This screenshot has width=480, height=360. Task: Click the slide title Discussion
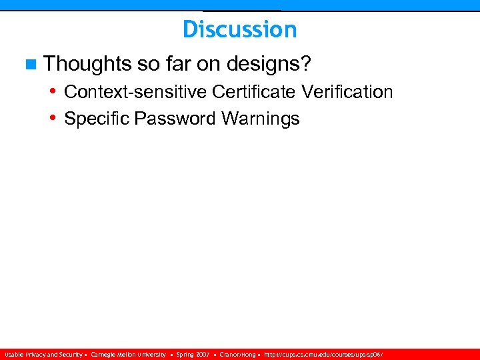point(239,29)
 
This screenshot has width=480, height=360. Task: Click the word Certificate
point(255,91)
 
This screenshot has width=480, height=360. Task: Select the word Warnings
point(261,119)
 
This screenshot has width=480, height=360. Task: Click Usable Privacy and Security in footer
point(43,355)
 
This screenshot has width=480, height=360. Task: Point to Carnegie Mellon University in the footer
point(128,355)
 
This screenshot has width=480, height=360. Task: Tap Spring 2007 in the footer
point(193,355)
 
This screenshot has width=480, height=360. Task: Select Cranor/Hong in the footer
point(237,355)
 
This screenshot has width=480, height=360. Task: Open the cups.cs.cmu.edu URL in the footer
point(324,355)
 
